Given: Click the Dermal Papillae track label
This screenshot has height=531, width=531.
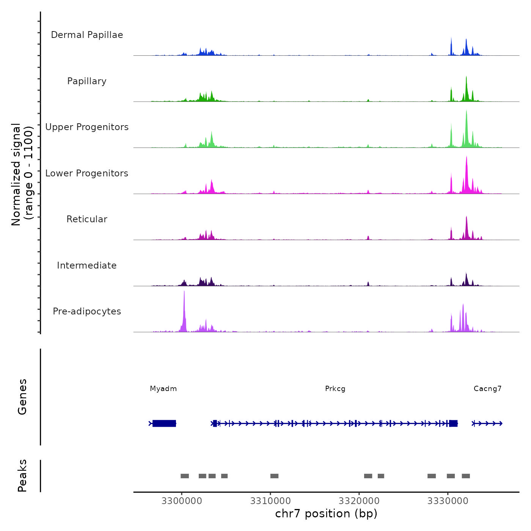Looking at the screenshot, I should [87, 35].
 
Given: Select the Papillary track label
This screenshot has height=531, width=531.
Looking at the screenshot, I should [87, 81].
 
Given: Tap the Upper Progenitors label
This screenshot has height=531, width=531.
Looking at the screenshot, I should [87, 127].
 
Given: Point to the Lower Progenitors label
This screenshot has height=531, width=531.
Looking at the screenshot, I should [87, 173].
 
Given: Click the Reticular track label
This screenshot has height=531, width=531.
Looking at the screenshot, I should [87, 219].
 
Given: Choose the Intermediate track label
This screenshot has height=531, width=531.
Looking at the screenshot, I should [87, 265].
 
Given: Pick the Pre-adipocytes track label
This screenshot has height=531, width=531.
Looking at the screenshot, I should [87, 311].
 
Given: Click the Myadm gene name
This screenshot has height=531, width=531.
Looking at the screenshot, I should [163, 389].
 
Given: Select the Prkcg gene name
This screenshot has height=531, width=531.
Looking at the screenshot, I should [335, 389].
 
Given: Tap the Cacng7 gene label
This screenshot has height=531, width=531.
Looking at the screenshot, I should [488, 389].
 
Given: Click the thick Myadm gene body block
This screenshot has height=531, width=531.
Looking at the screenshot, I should [164, 423].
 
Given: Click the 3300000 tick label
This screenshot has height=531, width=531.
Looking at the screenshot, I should [182, 501].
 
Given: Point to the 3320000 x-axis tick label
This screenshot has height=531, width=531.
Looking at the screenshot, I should [359, 501].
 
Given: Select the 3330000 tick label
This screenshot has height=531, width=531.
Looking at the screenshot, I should [448, 501].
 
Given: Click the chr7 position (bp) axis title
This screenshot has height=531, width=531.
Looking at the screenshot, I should [326, 514].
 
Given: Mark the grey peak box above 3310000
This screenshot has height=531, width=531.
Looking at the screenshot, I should [274, 476].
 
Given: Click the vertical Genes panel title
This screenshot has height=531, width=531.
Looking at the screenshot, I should [22, 397].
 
